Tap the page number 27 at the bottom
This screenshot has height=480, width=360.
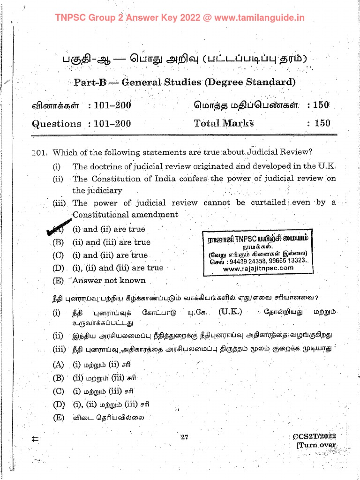point(184,437)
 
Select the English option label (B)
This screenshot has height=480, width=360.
point(58,242)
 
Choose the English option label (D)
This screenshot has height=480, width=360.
point(58,268)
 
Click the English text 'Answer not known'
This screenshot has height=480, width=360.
point(109,281)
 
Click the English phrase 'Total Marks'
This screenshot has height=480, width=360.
point(224,123)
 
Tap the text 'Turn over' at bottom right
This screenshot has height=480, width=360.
point(317,445)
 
